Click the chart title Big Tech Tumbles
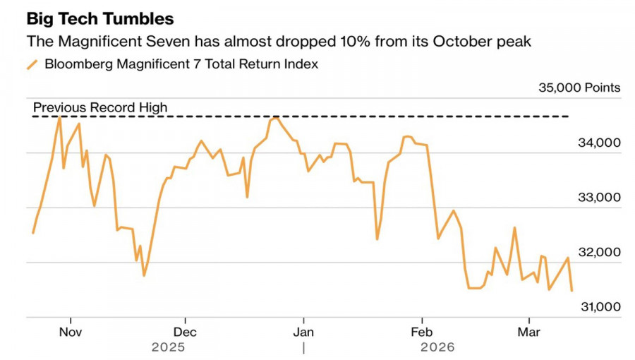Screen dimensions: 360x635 click(x=99, y=18)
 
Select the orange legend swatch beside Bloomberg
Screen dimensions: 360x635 click(x=32, y=65)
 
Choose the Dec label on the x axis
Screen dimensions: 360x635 click(x=185, y=331)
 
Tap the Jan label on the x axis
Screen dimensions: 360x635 click(x=303, y=331)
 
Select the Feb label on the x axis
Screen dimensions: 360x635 click(x=422, y=331)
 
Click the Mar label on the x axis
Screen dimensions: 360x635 click(x=528, y=331)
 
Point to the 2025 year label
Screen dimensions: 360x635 click(x=169, y=347)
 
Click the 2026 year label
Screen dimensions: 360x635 click(x=437, y=347)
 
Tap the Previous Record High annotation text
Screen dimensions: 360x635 click(x=100, y=107)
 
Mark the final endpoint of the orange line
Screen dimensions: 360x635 click(x=571, y=290)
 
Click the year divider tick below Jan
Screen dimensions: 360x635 click(x=303, y=347)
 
